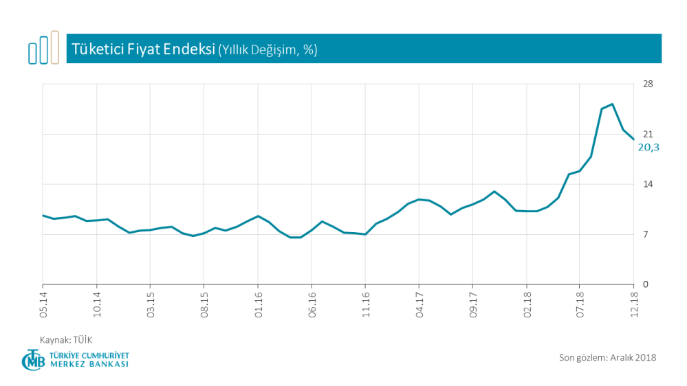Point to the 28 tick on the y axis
pos(648,84)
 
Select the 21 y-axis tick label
pos(648,134)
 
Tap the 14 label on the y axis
pos(648,184)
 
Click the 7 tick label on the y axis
pos(646,234)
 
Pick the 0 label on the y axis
pos(646,284)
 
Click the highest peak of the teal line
pos(612,104)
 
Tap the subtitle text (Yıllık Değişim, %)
pos(268,50)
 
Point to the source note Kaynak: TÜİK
pos(66,339)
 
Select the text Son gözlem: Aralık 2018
pos(608,357)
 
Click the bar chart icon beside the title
pos(44,48)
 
